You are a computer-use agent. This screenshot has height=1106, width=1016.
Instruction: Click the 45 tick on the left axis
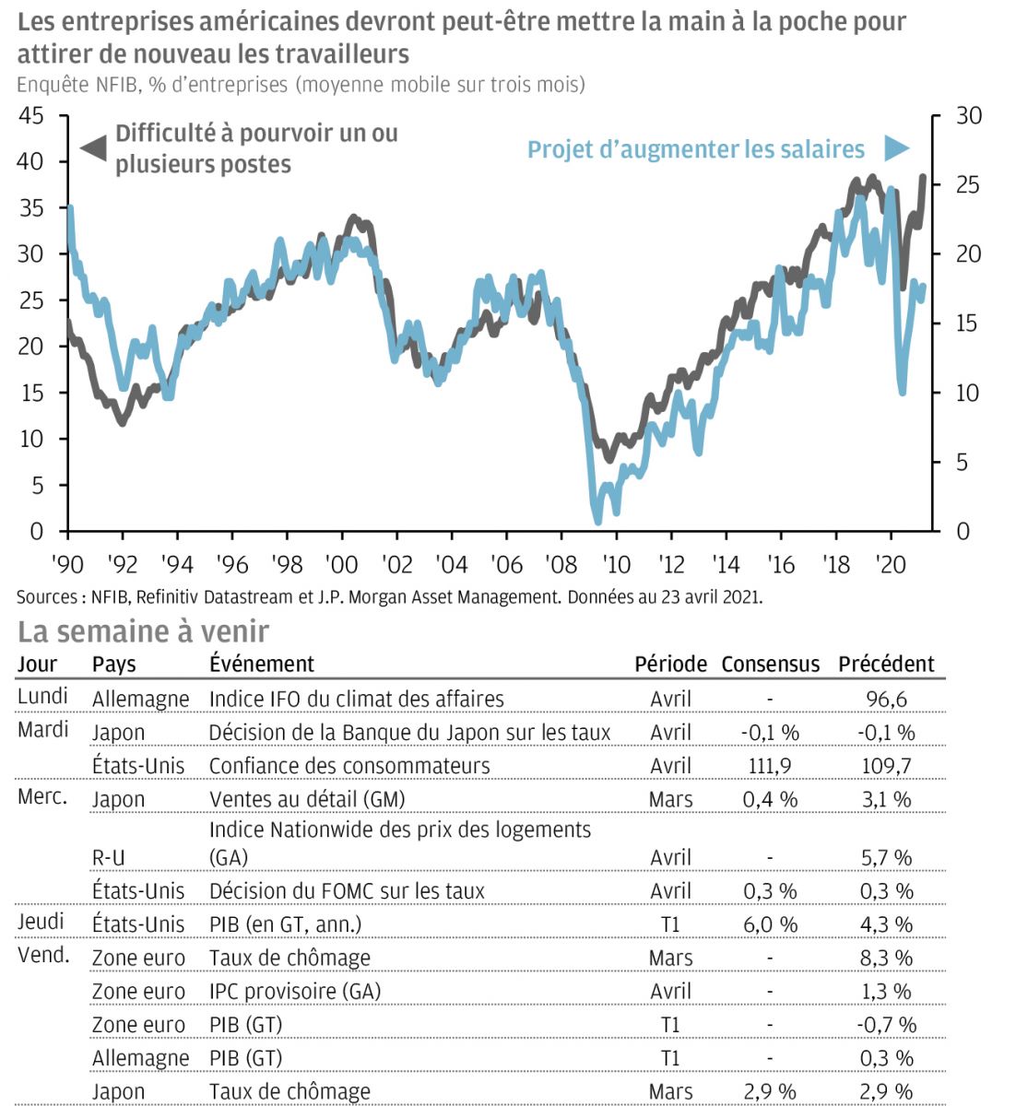tap(31, 115)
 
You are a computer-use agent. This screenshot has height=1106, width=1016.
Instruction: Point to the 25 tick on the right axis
tap(968, 185)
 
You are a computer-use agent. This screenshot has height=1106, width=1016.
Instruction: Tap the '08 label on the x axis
tap(561, 563)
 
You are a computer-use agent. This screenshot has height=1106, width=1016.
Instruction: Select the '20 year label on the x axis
tap(891, 563)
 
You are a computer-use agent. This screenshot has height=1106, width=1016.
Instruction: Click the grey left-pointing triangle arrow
tap(93, 147)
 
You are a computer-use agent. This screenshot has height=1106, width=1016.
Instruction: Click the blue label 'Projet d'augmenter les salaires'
tap(696, 149)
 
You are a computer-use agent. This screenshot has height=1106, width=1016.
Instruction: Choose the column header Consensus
tap(770, 664)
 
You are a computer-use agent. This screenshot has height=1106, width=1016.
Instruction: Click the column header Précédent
tap(886, 664)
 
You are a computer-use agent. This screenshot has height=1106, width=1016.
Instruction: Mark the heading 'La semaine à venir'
tap(143, 631)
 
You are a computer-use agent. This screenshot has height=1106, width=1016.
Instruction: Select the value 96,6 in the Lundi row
tap(886, 699)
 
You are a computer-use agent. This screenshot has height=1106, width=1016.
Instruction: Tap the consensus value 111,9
tap(770, 766)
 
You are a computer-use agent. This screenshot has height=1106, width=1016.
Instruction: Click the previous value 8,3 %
tap(886, 959)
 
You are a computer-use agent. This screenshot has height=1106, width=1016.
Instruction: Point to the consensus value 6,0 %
tap(770, 924)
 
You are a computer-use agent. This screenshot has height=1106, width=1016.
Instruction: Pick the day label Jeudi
tap(41, 922)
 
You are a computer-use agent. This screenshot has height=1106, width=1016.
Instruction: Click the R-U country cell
tap(109, 858)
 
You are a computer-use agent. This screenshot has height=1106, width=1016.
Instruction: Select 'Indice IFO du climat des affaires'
tap(356, 699)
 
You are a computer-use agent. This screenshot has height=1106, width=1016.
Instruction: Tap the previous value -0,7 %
tap(886, 1025)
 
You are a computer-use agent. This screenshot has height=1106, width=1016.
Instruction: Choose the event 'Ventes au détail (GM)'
tap(307, 799)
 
